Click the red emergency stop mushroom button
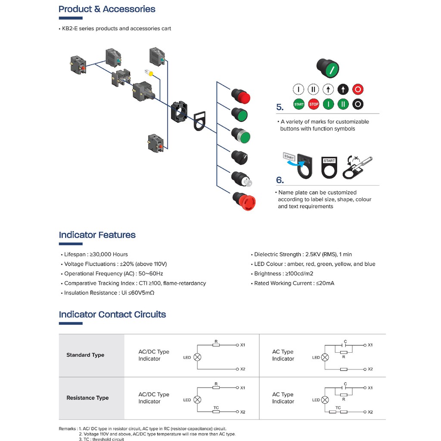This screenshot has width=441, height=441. pos(245,201)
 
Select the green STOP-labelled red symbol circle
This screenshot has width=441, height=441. pos(314,104)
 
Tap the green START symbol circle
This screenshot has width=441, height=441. pos(299,104)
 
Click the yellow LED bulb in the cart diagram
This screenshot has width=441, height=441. pos(150,74)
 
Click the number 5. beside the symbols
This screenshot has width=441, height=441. pos(280,108)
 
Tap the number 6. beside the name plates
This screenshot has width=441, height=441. pos(280,180)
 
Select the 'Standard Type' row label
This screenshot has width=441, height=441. pos(85,355)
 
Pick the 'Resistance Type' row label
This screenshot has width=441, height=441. pos(87,398)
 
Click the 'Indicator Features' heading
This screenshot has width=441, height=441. pos(97,235)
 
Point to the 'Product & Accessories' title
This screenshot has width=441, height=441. pos(107,9)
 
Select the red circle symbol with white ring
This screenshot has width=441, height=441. pos(358,90)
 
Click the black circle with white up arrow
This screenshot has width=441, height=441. pos(343,90)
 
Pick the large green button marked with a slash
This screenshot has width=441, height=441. pos(328,67)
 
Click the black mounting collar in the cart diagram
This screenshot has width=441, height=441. pos(178,112)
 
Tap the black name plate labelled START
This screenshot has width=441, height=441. pos(329,167)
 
